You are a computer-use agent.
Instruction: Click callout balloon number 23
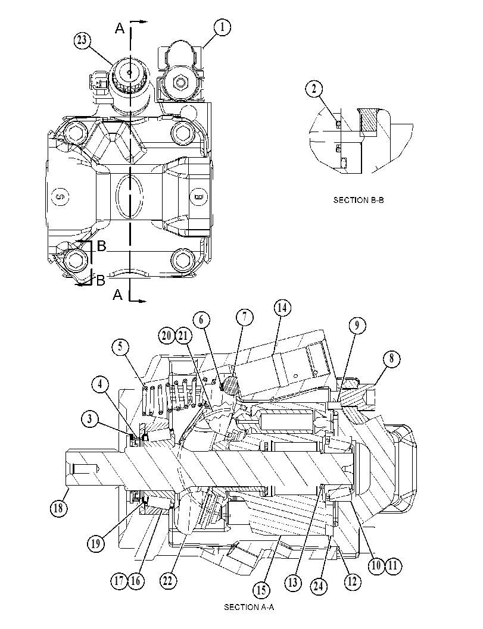point(82,40)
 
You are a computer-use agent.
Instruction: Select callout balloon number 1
point(222,27)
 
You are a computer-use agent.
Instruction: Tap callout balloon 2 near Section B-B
point(314,88)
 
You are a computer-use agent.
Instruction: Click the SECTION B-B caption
point(358,200)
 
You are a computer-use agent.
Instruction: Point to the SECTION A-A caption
point(249,607)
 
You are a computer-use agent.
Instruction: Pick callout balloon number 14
point(282,308)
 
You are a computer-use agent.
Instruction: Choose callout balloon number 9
point(357,325)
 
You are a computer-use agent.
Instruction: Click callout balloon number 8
point(392,358)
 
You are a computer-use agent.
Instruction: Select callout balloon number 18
point(58,508)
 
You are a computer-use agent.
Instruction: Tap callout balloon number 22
point(168,580)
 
